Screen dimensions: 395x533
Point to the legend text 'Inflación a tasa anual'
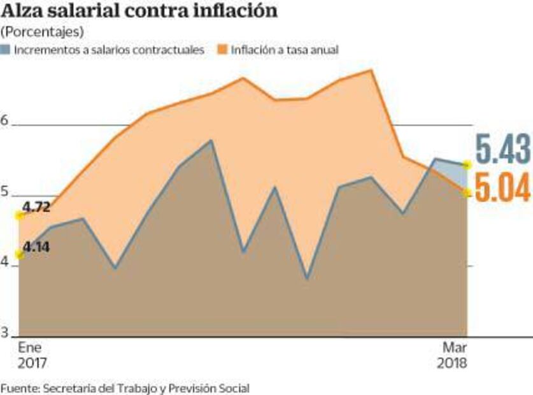point(285,49)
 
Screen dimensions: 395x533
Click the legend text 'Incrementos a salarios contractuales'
point(109,49)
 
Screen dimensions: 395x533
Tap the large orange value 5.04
point(503,189)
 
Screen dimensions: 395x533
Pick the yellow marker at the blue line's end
point(467,164)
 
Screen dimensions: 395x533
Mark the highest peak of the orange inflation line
point(372,70)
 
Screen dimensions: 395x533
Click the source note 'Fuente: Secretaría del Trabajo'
point(125,387)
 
